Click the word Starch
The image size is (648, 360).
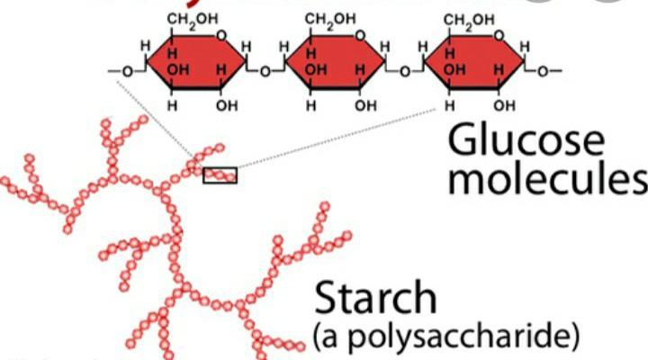(376, 300)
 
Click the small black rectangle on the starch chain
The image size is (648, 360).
(220, 175)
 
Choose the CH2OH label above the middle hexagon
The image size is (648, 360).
(330, 18)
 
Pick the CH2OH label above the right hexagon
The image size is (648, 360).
(470, 18)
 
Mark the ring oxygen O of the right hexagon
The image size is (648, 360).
(499, 37)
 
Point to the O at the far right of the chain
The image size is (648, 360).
(544, 69)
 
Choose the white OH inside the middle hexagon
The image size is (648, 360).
(315, 68)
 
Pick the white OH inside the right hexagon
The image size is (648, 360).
(454, 68)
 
